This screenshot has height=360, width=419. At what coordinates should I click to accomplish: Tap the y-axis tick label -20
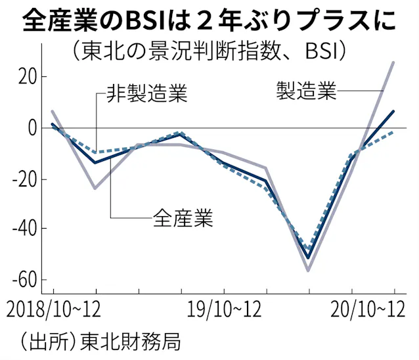point(20,179)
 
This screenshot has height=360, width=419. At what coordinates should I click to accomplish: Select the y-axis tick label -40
point(20,229)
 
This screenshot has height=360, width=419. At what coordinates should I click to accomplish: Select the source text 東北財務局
point(128,341)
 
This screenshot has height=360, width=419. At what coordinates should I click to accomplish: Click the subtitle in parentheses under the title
point(209,50)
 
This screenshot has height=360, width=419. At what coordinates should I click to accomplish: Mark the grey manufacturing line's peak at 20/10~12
point(393,62)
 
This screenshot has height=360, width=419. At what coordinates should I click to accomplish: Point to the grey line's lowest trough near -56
point(307,270)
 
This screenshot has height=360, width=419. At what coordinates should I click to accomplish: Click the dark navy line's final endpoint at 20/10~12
point(393,111)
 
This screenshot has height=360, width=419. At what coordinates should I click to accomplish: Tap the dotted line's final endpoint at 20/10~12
point(393,132)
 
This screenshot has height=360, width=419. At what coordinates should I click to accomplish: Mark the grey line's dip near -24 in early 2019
point(96,188)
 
